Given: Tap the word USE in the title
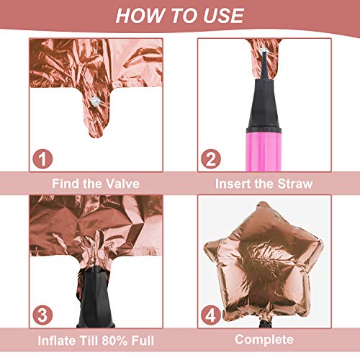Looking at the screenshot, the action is pos(224,16).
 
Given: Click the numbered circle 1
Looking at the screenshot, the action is pos(42,158).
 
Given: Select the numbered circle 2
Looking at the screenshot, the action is pos(211,158).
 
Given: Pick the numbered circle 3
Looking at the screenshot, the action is pos(42,315).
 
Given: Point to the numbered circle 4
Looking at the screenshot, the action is pos(211,315).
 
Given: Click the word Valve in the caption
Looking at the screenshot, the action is pos(122,184).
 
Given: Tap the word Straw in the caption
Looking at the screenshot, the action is pos(294,184).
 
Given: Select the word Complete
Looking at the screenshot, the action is pos(264,340).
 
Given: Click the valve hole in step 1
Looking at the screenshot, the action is pos(95,102).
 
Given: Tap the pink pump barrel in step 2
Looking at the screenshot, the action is pos(264,150).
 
